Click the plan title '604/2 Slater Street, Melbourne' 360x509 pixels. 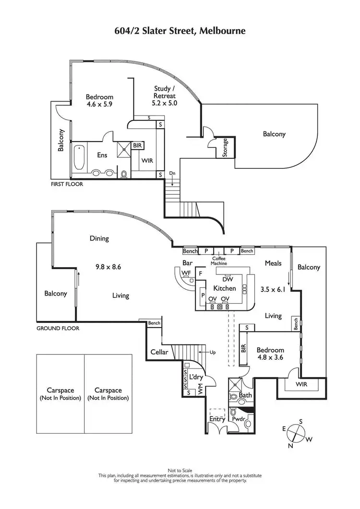[x=180, y=31]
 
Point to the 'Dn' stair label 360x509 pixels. [x=172, y=173]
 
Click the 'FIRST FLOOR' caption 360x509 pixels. [x=67, y=184]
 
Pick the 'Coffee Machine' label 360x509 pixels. [x=218, y=261]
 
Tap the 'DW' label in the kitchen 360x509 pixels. [x=228, y=279]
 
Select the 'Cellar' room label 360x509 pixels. [x=159, y=352]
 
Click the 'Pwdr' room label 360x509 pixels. [x=239, y=419]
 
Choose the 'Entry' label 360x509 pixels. [x=217, y=419]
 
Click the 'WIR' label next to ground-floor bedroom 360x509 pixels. [x=302, y=385]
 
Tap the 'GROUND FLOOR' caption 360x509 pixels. [x=58, y=329]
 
